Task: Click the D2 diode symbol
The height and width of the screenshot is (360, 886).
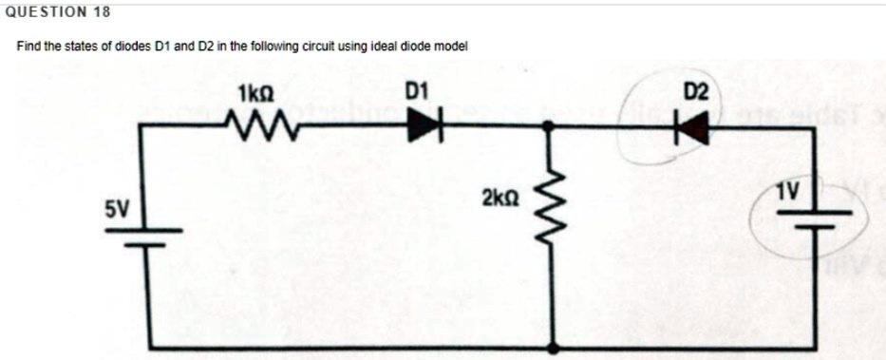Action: (x=695, y=123)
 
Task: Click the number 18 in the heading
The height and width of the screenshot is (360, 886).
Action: (x=102, y=12)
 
